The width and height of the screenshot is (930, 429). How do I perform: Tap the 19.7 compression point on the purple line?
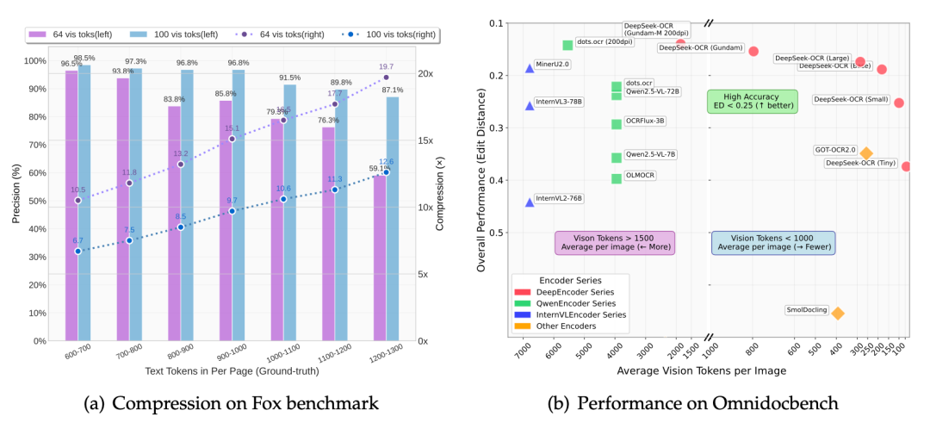[386, 78]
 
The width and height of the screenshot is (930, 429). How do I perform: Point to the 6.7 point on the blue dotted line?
[77, 252]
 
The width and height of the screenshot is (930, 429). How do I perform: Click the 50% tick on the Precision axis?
[37, 201]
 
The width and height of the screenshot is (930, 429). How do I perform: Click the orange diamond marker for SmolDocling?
[837, 314]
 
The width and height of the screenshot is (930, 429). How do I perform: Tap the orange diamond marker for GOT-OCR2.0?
[866, 153]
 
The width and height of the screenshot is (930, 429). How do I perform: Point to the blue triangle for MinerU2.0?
[530, 68]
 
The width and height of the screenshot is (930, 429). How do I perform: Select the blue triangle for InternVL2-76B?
[530, 202]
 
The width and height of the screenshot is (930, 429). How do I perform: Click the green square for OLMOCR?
[617, 178]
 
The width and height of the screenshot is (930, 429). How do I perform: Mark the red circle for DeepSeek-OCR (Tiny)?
[906, 166]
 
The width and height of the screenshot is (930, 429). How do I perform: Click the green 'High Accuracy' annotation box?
[753, 101]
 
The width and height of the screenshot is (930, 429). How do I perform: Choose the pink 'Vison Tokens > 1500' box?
[615, 242]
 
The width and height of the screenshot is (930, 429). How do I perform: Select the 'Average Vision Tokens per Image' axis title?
[701, 370]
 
